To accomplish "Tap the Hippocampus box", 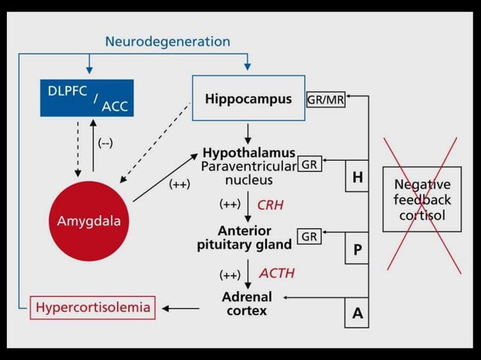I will (248, 98).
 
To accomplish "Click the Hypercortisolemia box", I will (93, 307).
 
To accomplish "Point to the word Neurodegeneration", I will (167, 41).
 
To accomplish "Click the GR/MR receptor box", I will (326, 99).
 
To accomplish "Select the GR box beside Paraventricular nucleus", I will (309, 164).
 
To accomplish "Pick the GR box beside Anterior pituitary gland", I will (309, 236).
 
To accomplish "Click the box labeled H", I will (357, 178).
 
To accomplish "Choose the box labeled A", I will (357, 313).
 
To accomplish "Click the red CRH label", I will (270, 204).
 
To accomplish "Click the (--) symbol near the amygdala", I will (106, 144).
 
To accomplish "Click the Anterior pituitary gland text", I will (245, 237).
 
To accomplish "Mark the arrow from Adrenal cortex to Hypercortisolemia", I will (181, 307).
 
